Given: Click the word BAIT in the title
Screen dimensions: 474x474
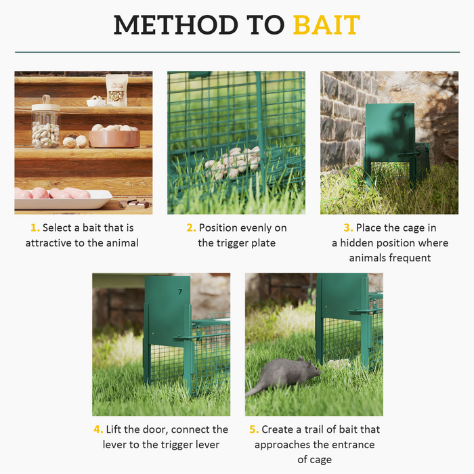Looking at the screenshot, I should coord(326,25).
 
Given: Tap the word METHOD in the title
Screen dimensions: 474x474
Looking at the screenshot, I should coord(171,25).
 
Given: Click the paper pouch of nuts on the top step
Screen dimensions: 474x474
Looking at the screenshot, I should coord(116,89).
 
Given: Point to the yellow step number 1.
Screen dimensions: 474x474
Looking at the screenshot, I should coord(35,228).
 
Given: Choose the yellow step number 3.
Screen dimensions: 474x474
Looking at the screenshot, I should coord(348,228).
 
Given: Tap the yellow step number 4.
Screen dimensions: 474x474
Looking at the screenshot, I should coord(98,429).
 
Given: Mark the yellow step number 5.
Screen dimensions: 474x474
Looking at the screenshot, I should coord(255,429).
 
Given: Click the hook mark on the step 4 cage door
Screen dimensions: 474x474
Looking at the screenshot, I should coord(180,292).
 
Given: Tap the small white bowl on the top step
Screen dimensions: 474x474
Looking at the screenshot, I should coord(96,102).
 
